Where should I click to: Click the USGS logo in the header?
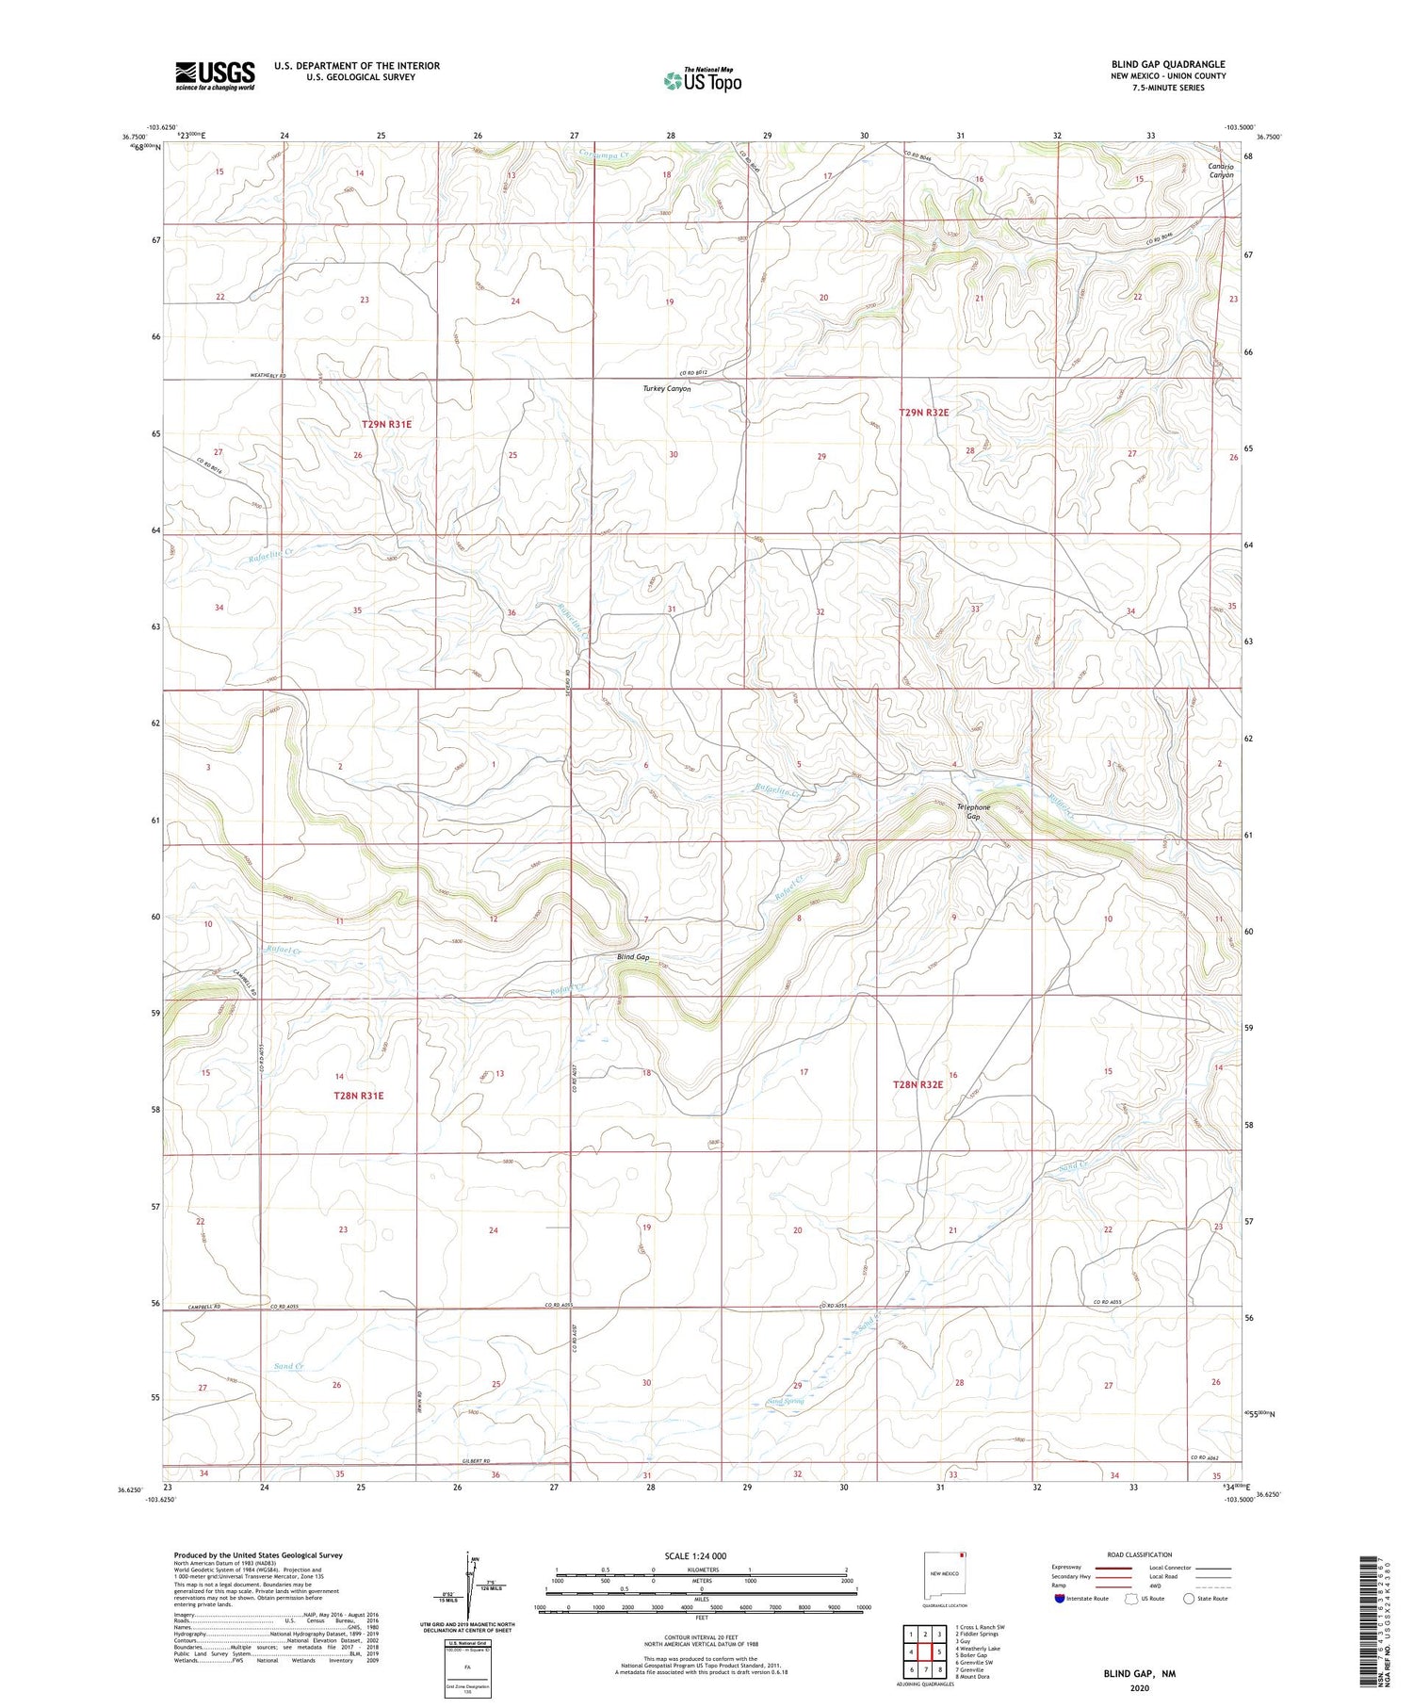(x=215, y=75)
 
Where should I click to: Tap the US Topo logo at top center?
(x=703, y=80)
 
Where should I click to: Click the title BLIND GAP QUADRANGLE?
(x=1168, y=64)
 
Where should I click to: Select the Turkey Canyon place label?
(x=667, y=388)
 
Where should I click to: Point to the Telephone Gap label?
(x=973, y=811)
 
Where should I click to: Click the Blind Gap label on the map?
(x=633, y=957)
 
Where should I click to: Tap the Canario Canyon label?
(x=1221, y=171)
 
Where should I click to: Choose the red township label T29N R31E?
(x=386, y=425)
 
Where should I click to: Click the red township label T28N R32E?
(x=918, y=1084)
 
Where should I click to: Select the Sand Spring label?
(x=786, y=1402)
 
